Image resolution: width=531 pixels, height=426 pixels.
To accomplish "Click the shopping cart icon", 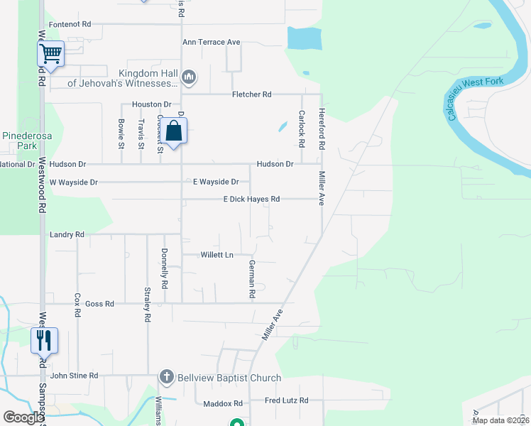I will (51, 53).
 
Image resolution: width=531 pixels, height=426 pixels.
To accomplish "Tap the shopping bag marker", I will (174, 131).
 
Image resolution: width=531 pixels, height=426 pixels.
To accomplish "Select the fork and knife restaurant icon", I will (43, 341).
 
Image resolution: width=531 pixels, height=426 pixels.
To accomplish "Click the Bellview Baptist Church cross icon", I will (166, 377).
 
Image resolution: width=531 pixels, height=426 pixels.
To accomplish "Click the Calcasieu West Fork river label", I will (476, 97).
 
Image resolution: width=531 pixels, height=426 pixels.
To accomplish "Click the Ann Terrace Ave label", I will (212, 43).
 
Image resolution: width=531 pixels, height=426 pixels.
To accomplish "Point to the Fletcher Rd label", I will (252, 94).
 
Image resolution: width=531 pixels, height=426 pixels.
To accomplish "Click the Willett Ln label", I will (217, 254).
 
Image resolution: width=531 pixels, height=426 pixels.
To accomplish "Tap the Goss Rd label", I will (99, 304).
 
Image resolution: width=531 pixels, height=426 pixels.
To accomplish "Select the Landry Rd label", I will (67, 234).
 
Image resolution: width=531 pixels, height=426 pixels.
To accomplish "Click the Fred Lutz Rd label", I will (287, 401).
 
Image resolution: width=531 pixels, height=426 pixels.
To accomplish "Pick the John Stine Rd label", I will (74, 376).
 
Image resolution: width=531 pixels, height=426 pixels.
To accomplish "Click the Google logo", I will (23, 417).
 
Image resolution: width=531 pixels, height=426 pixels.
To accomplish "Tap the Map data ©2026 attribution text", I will (500, 420).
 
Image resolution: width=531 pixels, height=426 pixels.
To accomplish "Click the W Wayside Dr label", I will (73, 182).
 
